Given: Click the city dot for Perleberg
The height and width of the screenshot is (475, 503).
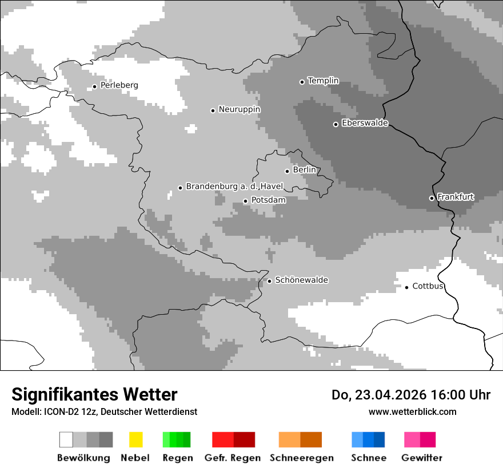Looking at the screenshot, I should pos(95,87).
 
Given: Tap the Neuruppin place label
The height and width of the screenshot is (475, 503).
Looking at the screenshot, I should pos(239,109).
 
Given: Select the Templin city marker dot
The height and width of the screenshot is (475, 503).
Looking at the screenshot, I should pos(302,82).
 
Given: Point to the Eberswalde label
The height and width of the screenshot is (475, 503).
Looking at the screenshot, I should pos(365,123).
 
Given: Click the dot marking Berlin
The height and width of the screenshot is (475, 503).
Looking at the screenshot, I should pos(288,171).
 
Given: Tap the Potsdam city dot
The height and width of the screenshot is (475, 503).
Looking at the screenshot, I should pos(246,201).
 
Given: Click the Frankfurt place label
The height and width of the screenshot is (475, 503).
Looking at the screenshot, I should pos(456,197).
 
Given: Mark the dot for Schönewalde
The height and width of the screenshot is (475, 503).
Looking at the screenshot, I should pos(270,281).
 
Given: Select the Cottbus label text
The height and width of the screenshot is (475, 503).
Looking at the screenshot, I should pos(428,286).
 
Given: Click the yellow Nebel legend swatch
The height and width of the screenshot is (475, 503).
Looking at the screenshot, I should pos(135,440).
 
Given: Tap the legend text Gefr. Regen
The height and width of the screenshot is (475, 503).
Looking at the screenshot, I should pos(233,458).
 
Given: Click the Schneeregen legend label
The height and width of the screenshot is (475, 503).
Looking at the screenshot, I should pos(302,458).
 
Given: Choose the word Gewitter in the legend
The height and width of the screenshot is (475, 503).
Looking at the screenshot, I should pos(422,458).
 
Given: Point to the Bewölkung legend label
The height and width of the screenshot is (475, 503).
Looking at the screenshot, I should pos(83,458).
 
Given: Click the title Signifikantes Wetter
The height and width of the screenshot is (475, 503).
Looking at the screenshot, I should pos(94,395).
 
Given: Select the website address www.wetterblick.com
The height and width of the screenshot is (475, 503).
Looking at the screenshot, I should pos(413,411).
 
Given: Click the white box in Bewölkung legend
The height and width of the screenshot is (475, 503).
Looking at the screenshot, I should pos(66,440).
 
